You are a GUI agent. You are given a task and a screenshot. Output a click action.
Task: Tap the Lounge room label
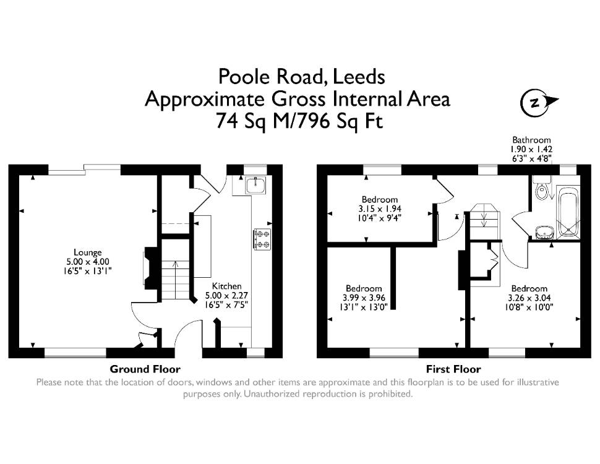coord(88,252)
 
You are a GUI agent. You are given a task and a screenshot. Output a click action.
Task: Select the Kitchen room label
coord(227,286)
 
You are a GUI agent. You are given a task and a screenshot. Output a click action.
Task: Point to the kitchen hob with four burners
coord(262,239)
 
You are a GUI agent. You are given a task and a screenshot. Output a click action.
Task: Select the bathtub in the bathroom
coord(569,212)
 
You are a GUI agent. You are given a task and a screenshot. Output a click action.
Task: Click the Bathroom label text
coord(532,140)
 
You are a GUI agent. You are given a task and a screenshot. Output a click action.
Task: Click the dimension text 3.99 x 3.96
coord(364,298)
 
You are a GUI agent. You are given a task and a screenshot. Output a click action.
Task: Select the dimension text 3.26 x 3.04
coord(529,298)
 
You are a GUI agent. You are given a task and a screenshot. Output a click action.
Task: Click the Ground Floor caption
coord(145,369)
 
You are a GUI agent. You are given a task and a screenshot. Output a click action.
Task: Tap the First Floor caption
coord(453,369)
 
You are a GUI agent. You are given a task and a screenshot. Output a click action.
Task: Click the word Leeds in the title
coord(359,77)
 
